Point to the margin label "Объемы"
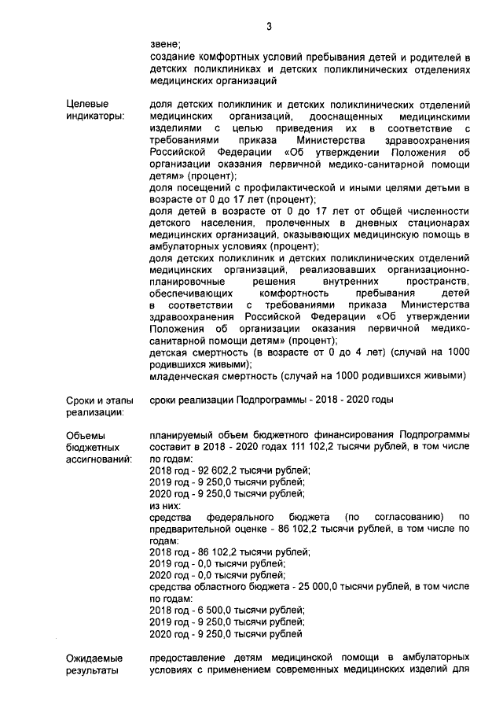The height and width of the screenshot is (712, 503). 86,435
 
